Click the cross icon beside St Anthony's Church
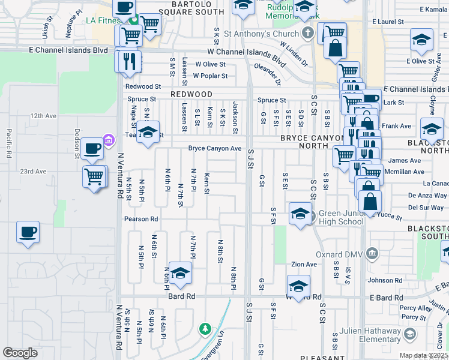308,33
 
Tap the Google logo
20,353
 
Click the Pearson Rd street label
141,219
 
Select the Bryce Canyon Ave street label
215,148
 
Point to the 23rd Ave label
33,172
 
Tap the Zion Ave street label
304,265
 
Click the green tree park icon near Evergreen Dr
205,329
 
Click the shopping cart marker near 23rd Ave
94,176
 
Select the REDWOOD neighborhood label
191,95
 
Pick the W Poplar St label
210,76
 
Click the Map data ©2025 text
424,355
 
